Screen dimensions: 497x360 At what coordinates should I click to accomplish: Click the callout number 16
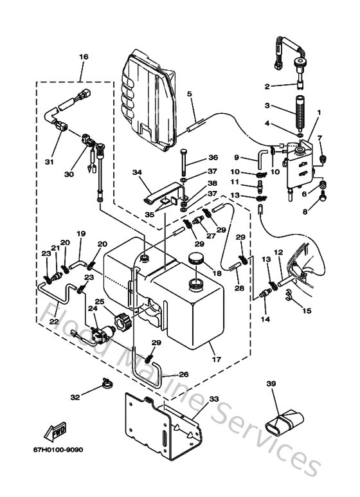tap(83, 57)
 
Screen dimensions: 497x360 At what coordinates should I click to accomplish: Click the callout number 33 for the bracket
tap(215, 399)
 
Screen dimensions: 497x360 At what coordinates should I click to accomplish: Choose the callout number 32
tap(75, 397)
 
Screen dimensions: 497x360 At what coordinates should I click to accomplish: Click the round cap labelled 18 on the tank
tap(194, 260)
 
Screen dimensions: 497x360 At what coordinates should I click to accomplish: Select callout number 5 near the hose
tap(190, 95)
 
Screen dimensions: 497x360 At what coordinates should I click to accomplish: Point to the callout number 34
tap(136, 172)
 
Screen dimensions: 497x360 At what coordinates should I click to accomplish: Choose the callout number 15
tap(306, 311)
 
